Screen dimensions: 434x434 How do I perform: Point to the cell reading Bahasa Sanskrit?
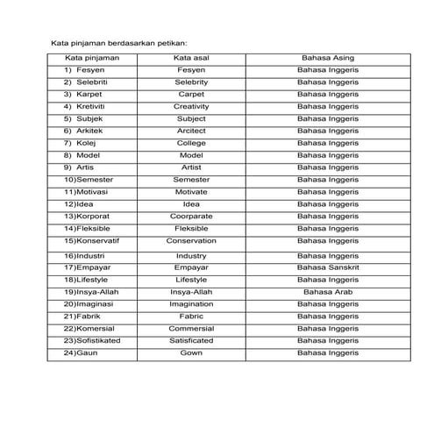[327, 267]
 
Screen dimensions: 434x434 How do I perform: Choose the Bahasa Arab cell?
[327, 291]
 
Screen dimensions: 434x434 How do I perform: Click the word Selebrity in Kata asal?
[190, 82]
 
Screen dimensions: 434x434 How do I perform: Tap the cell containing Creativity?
[190, 106]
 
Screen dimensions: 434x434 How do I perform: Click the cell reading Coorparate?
[190, 216]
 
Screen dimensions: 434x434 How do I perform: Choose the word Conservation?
[190, 240]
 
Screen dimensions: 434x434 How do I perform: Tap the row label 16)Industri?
[86, 255]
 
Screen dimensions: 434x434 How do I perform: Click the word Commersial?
[190, 328]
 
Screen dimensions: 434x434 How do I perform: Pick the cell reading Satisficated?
[190, 340]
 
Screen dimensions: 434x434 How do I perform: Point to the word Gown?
[190, 352]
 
